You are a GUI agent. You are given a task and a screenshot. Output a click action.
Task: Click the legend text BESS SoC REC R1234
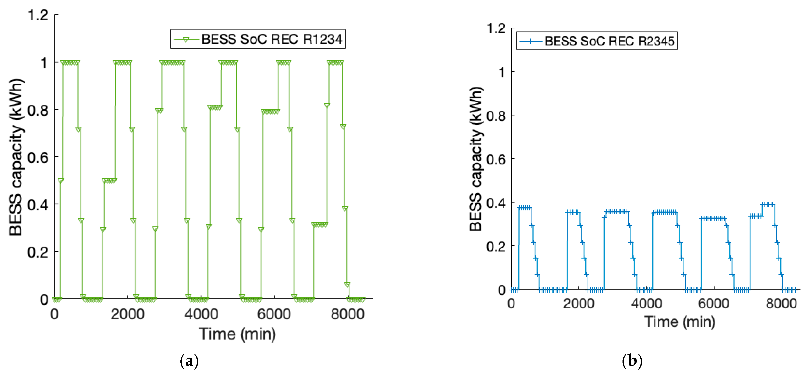coord(272,39)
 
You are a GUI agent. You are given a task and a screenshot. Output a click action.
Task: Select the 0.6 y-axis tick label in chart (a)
coord(38,157)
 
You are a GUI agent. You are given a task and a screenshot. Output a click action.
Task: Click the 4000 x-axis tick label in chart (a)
coord(201,314)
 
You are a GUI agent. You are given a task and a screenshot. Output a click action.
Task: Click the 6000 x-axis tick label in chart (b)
coord(714,303)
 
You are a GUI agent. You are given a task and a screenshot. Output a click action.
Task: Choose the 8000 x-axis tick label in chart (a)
coord(348,314)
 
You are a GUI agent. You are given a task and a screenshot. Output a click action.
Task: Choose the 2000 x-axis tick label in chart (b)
coord(578,303)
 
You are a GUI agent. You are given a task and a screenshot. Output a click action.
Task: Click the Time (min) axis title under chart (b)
coord(680,321)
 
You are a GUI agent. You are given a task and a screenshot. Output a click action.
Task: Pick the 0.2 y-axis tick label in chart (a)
coord(38,252)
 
